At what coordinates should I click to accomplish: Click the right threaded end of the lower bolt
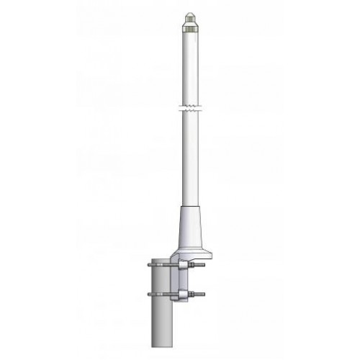click(x=203, y=294)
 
